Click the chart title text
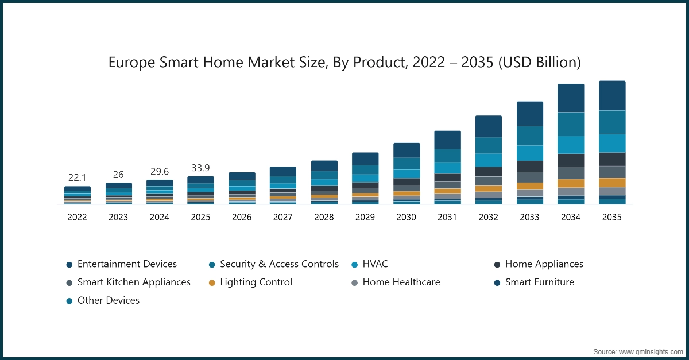[344, 62]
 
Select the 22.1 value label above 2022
[77, 178]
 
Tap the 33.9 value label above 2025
[200, 168]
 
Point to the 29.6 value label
[160, 171]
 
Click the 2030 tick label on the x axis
[406, 218]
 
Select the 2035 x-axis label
[612, 218]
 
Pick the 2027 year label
[282, 218]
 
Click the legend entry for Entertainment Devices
[127, 264]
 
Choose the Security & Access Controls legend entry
[279, 264]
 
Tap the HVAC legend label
[375, 264]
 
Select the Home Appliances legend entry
[544, 264]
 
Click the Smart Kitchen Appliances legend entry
[134, 282]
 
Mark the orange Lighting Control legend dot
[212, 282]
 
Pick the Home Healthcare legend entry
[401, 282]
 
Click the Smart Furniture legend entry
[539, 282]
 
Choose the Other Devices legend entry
[108, 300]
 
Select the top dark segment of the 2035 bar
[612, 95]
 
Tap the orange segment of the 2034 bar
[571, 183]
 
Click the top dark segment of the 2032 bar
[488, 126]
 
